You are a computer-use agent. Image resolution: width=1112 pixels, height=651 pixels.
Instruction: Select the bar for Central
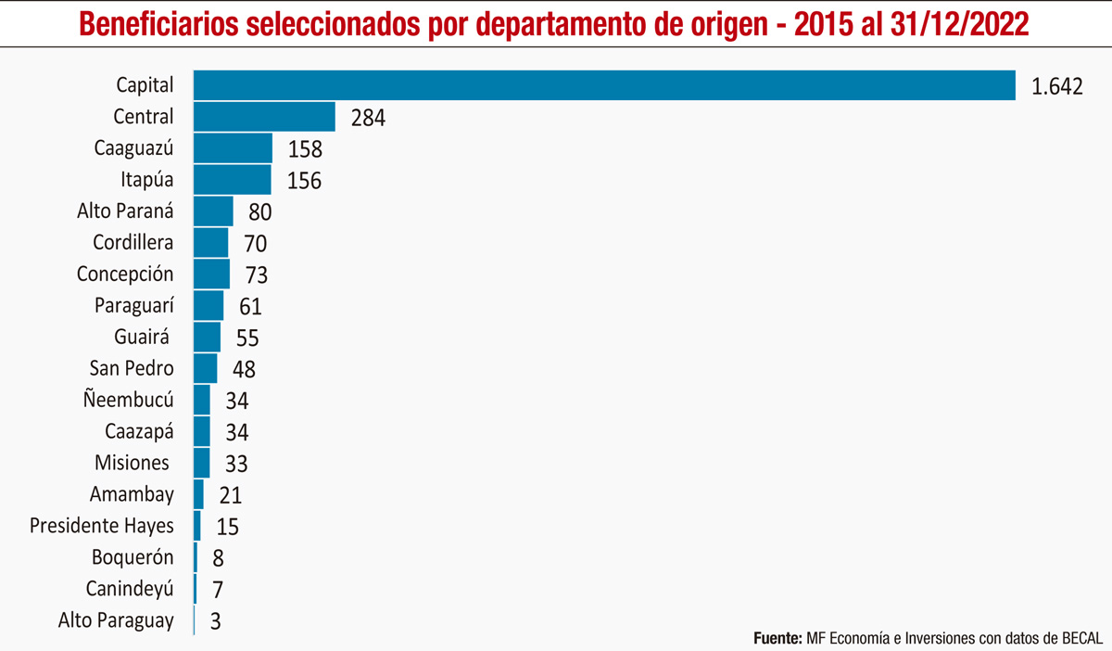coord(264,117)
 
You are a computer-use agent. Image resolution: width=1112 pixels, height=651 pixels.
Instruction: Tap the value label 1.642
coord(1057,87)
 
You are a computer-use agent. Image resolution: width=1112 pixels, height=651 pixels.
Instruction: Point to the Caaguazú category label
coord(134,147)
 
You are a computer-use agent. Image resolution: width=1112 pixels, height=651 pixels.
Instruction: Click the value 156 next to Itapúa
coord(303,181)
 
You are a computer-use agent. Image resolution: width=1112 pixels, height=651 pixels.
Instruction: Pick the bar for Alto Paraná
coord(213,211)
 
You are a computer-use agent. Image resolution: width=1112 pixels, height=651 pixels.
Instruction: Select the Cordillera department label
coord(133,243)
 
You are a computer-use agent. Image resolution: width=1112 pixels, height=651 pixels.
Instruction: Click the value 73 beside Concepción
coord(255,276)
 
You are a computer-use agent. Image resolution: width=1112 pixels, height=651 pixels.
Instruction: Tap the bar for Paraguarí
coord(208,306)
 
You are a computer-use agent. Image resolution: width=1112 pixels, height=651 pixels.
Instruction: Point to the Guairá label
coord(142,338)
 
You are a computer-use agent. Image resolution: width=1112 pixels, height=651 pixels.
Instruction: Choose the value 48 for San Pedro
coord(243,370)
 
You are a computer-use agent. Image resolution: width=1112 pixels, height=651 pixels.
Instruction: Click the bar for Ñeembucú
coord(202,401)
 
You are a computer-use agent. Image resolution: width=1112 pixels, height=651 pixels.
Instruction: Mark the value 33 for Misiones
coord(235,464)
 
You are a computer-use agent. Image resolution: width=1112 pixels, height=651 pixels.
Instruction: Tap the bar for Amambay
coord(198,495)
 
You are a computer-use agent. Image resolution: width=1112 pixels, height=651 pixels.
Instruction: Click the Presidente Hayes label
coord(102,526)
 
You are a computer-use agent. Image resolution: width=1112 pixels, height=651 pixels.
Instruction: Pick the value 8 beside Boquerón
coord(218,558)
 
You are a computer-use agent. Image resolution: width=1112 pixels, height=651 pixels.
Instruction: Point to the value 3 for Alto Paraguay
coord(215,621)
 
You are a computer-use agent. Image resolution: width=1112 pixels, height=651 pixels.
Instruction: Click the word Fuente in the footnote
coord(777,638)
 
